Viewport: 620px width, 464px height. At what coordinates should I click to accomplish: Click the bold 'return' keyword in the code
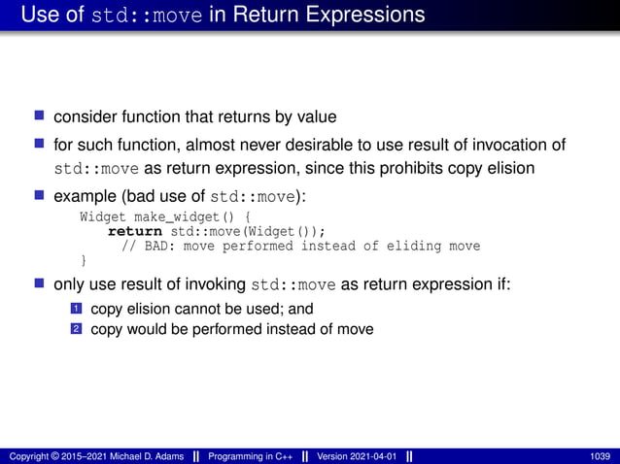135,231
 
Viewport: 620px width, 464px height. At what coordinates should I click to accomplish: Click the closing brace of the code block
84,260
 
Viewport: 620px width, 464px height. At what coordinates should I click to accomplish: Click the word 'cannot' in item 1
203,310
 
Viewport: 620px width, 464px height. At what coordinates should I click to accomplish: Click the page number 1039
600,456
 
